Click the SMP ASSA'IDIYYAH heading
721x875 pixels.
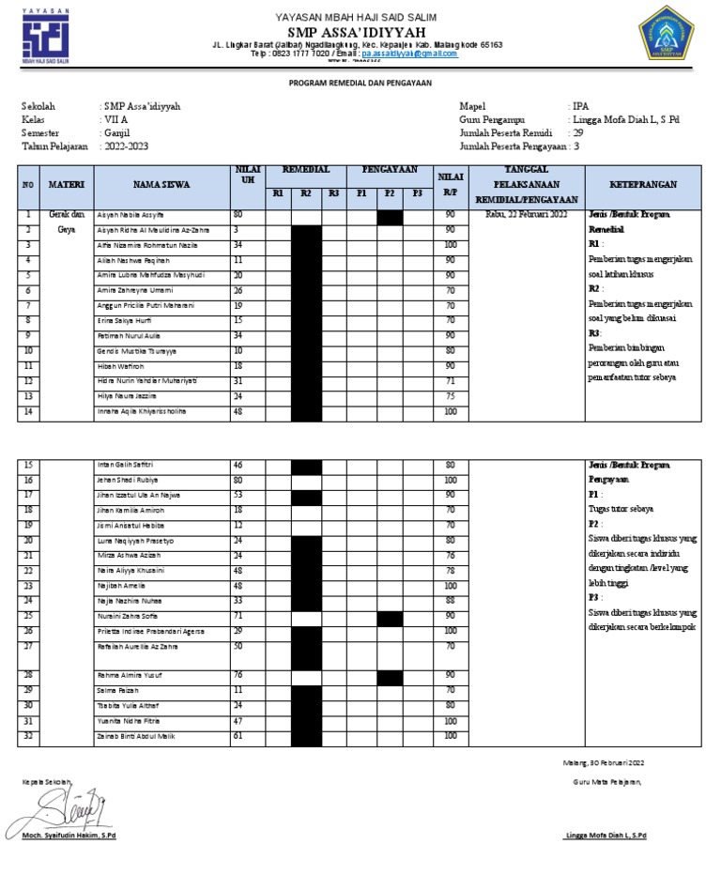[355, 33]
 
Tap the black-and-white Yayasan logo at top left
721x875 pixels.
[45, 37]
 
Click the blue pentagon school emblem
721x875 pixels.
[669, 37]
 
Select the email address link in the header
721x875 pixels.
[409, 54]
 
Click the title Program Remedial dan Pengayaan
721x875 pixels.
[360, 84]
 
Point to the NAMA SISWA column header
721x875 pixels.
[161, 185]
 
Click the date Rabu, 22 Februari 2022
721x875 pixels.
[526, 215]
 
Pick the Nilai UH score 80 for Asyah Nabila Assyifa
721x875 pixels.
[238, 215]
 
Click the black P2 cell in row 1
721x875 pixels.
[390, 217]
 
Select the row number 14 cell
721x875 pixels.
[29, 411]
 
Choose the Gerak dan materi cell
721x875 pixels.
[67, 215]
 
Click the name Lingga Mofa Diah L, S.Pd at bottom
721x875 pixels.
[606, 835]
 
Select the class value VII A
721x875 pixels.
[115, 120]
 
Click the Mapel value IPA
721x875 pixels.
[578, 106]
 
